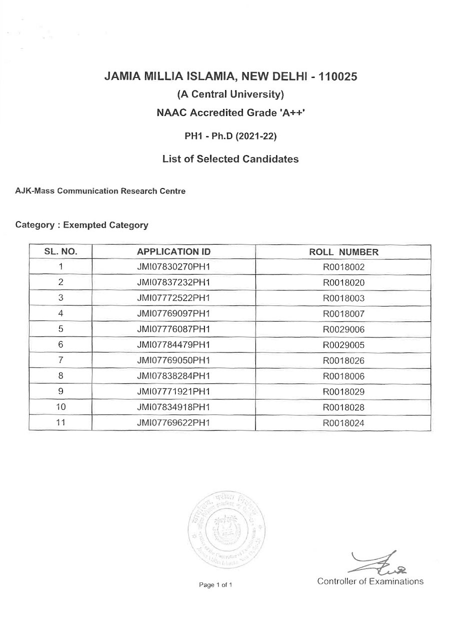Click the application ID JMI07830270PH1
click(173, 267)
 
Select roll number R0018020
click(344, 282)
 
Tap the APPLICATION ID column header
click(173, 252)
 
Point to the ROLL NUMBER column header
click(344, 252)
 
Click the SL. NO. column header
click(60, 252)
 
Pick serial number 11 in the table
click(60, 423)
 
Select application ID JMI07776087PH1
click(173, 329)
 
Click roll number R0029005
click(344, 345)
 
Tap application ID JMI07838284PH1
click(173, 376)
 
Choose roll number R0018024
click(344, 423)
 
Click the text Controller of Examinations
click(370, 581)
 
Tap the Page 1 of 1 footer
click(215, 584)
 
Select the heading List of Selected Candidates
click(230, 159)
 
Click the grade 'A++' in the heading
click(290, 113)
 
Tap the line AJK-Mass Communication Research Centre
click(100, 191)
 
